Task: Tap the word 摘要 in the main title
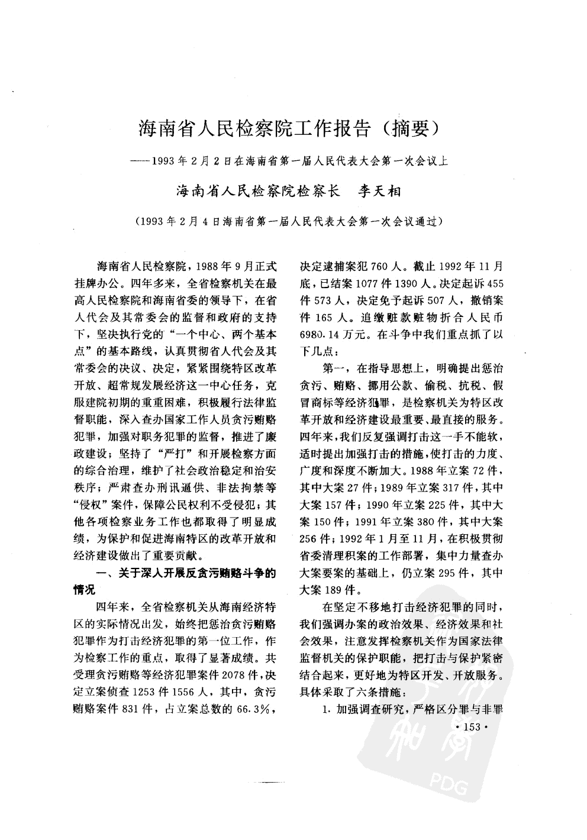(x=411, y=128)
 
